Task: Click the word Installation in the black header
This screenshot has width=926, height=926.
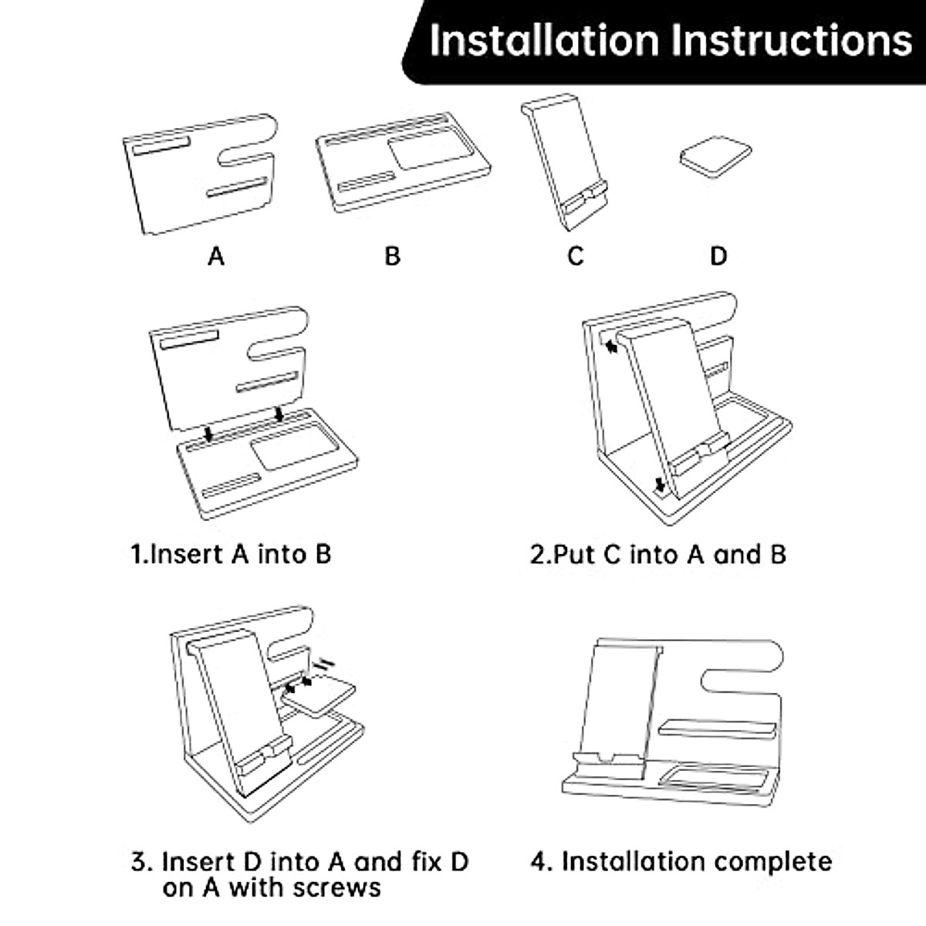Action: (543, 39)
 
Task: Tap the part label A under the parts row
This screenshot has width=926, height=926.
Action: (216, 256)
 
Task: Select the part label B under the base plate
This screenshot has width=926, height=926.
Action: (393, 256)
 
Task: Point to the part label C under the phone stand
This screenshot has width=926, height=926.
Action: (576, 256)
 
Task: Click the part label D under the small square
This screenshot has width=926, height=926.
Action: (718, 256)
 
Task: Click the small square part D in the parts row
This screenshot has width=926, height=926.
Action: (715, 157)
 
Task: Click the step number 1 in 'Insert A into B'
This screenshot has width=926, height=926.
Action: (137, 554)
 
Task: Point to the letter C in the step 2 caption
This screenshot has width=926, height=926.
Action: (613, 554)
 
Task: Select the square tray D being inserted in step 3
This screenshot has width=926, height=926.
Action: (319, 698)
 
